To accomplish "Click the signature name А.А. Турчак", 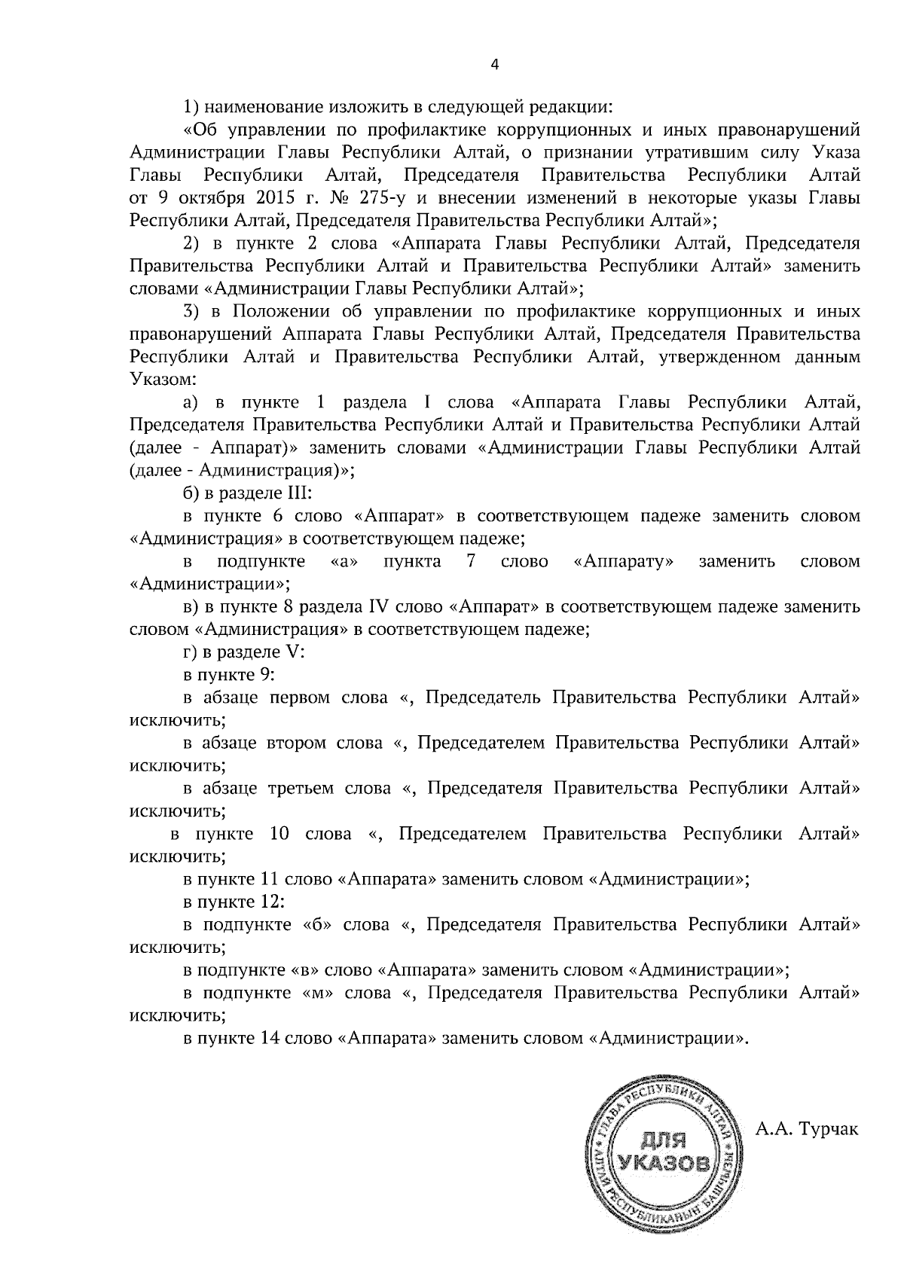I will pos(806,1129).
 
